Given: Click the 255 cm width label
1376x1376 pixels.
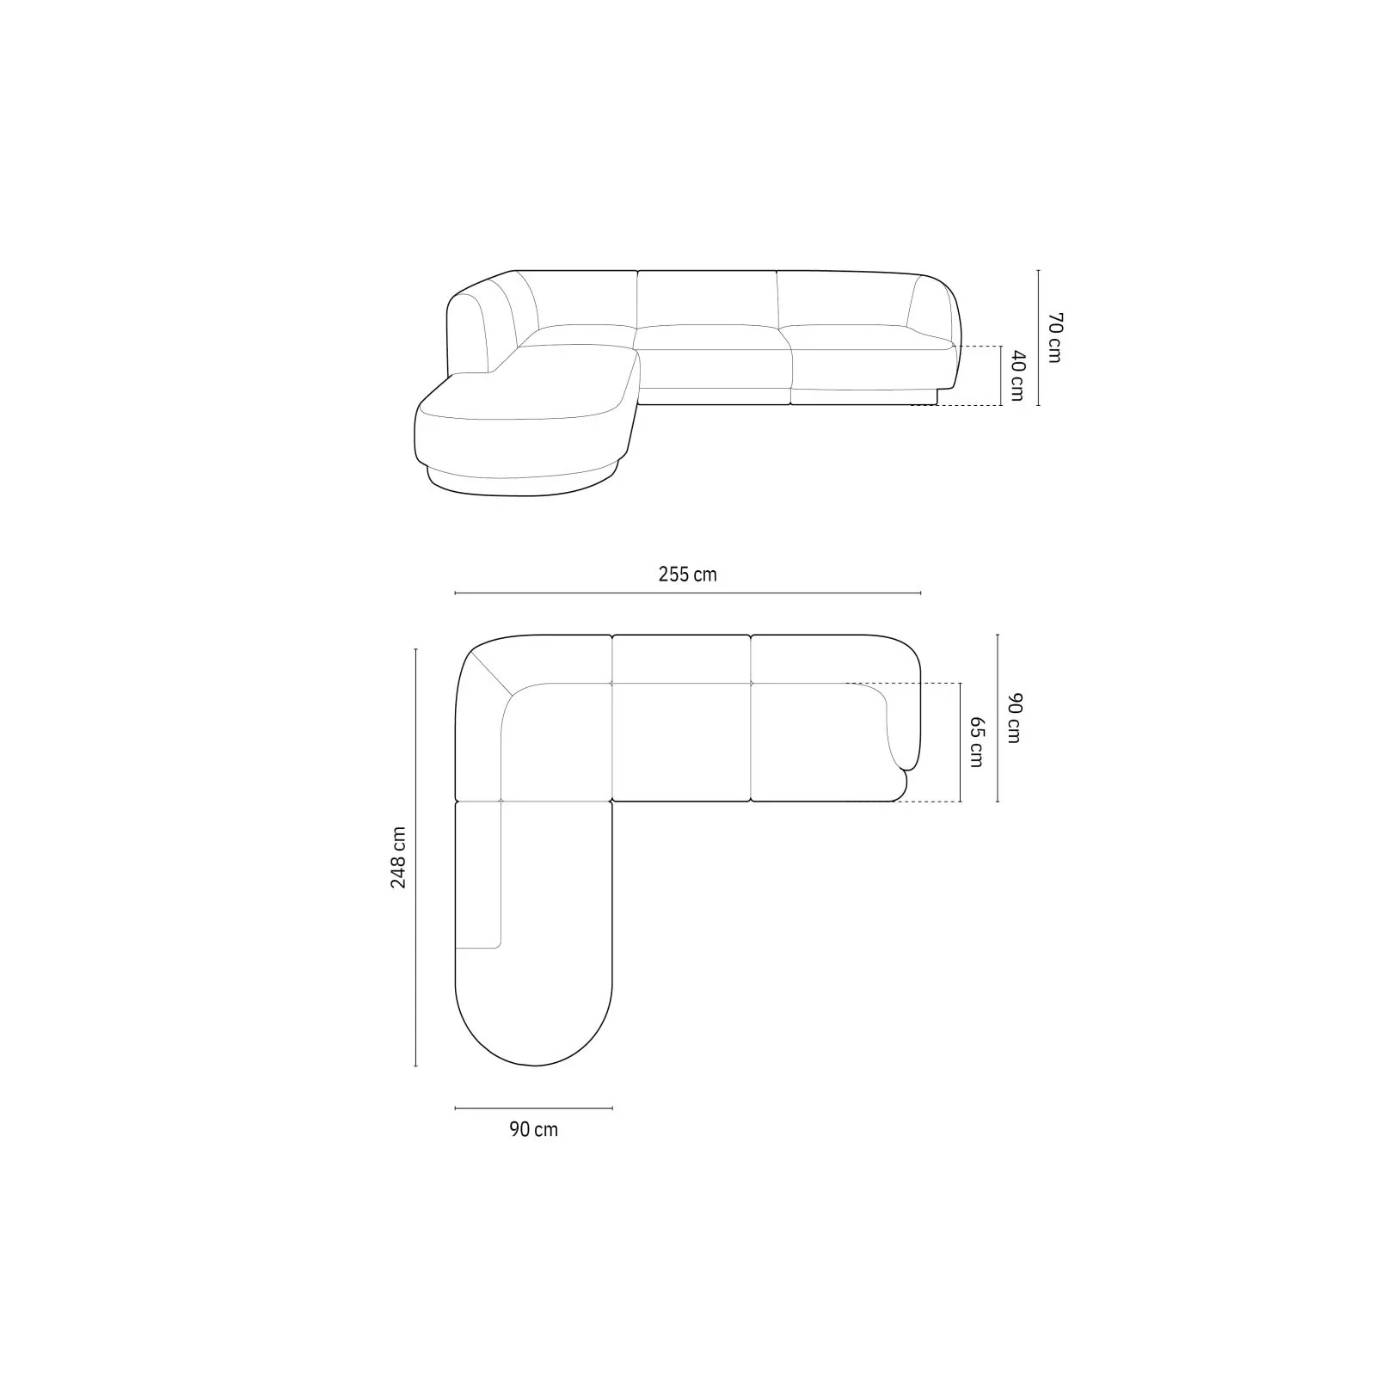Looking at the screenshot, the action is coord(687,574).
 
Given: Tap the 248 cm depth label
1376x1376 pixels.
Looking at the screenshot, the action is coord(399,857).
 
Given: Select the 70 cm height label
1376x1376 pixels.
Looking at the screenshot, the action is coord(1054,337).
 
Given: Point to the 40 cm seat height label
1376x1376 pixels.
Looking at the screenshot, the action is coord(1017,375).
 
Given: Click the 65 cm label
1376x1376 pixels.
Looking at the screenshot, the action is coord(976,742).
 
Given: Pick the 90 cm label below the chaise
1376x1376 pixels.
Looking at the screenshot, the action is coord(533,1129).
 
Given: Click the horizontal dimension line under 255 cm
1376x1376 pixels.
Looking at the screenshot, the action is coord(688,593).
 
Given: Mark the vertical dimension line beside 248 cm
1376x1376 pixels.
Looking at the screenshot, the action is coord(415,857).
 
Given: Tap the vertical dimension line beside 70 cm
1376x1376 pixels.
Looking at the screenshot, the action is coord(1039,337).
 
